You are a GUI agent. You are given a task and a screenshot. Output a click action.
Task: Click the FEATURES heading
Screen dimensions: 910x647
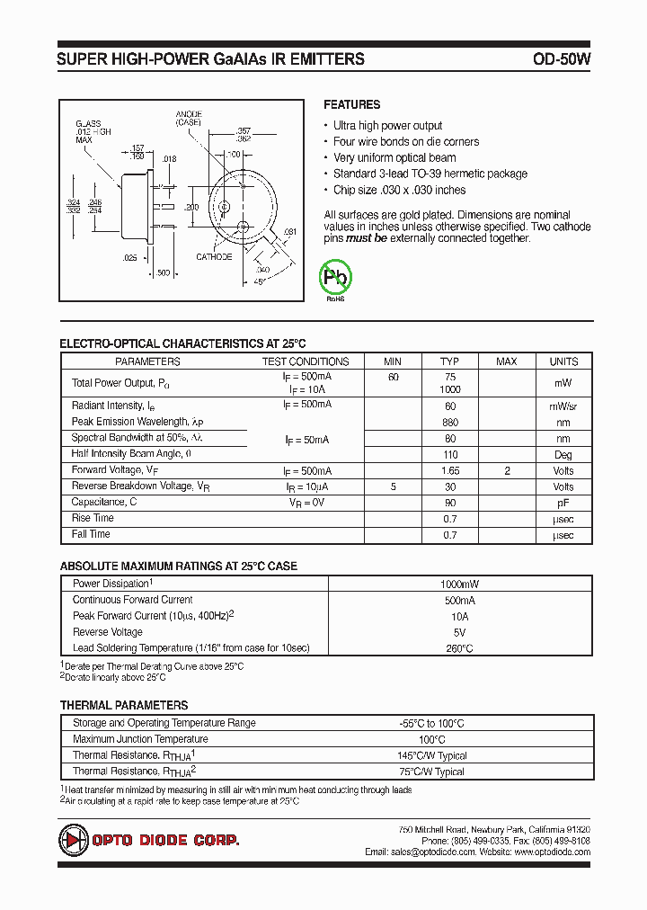pos(351,104)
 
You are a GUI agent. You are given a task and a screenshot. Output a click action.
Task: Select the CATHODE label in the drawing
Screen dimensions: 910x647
pos(214,257)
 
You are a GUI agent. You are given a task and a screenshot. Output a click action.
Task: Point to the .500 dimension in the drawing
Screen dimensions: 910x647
pos(163,272)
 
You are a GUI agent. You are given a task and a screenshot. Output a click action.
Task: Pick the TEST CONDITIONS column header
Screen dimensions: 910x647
pos(305,361)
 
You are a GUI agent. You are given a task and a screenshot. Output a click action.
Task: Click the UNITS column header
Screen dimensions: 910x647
pos(563,361)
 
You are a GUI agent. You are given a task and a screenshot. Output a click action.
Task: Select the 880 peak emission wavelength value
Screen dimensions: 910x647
pos(450,422)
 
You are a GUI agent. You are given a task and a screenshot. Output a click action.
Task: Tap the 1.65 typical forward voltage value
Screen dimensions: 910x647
pos(450,470)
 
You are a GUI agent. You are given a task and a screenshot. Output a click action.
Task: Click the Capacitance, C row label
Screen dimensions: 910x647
pos(104,502)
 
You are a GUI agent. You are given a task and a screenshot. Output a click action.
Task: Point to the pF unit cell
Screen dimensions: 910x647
pos(563,503)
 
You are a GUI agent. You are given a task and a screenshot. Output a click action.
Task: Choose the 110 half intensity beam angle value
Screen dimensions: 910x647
pos(450,454)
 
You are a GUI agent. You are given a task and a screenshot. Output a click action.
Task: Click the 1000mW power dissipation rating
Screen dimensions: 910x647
pos(459,584)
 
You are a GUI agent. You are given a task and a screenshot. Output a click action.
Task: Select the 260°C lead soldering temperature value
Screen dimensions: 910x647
pos(459,648)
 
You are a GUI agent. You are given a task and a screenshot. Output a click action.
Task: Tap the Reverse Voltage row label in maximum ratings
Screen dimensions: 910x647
pos(108,632)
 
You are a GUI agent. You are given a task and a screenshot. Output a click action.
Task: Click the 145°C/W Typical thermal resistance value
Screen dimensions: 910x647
pos(433,756)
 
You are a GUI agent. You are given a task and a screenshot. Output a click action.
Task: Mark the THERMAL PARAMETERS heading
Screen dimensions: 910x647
pos(124,706)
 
